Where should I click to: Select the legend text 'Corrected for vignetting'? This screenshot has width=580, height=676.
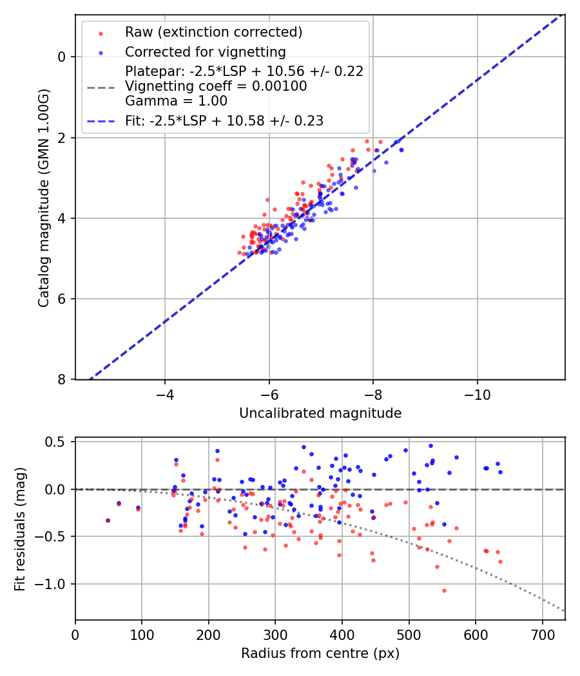click(x=206, y=52)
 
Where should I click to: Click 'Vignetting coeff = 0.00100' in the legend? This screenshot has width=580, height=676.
click(x=216, y=86)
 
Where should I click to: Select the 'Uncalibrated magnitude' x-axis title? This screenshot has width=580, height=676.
click(x=320, y=413)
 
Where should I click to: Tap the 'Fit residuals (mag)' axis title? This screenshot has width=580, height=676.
click(x=20, y=529)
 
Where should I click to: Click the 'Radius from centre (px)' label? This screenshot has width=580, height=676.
click(x=320, y=653)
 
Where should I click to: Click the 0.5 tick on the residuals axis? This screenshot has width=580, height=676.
click(x=58, y=442)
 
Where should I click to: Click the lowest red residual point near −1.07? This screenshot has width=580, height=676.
click(x=444, y=590)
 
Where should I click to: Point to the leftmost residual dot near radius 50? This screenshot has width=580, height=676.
click(x=108, y=520)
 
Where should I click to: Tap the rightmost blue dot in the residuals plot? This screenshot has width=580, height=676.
click(x=500, y=472)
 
